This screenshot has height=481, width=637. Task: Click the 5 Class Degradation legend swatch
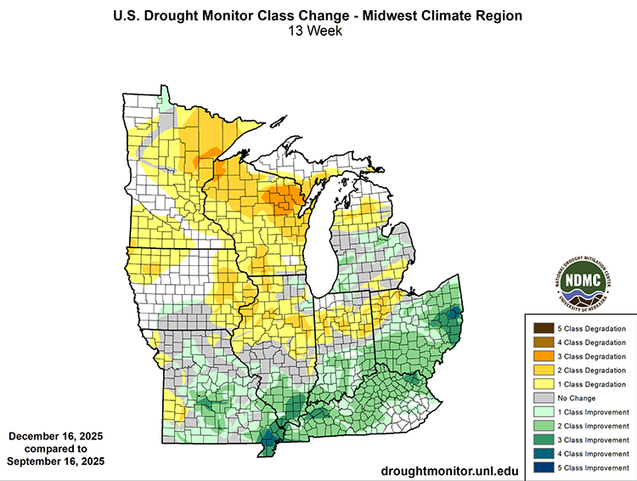pyautogui.click(x=541, y=327)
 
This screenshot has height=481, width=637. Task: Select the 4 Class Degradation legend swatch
pyautogui.click(x=541, y=342)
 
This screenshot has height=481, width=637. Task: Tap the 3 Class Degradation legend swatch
pyautogui.click(x=541, y=355)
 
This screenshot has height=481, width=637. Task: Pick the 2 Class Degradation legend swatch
pyautogui.click(x=541, y=370)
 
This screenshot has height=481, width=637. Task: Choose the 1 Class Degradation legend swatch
pyautogui.click(x=541, y=383)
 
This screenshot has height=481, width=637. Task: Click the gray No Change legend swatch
pyautogui.click(x=541, y=398)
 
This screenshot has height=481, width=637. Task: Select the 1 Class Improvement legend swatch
pyautogui.click(x=541, y=411)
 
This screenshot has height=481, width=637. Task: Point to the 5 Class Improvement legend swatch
pyautogui.click(x=541, y=467)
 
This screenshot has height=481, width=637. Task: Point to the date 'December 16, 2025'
pyautogui.click(x=55, y=435)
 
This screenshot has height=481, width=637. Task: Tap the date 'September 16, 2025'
pyautogui.click(x=55, y=461)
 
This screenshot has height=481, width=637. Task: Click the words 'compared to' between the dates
pyautogui.click(x=55, y=449)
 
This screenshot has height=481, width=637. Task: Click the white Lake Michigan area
pyautogui.click(x=322, y=246)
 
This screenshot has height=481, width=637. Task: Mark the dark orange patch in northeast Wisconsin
pyautogui.click(x=280, y=201)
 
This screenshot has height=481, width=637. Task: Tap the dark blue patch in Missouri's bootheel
pyautogui.click(x=269, y=439)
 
